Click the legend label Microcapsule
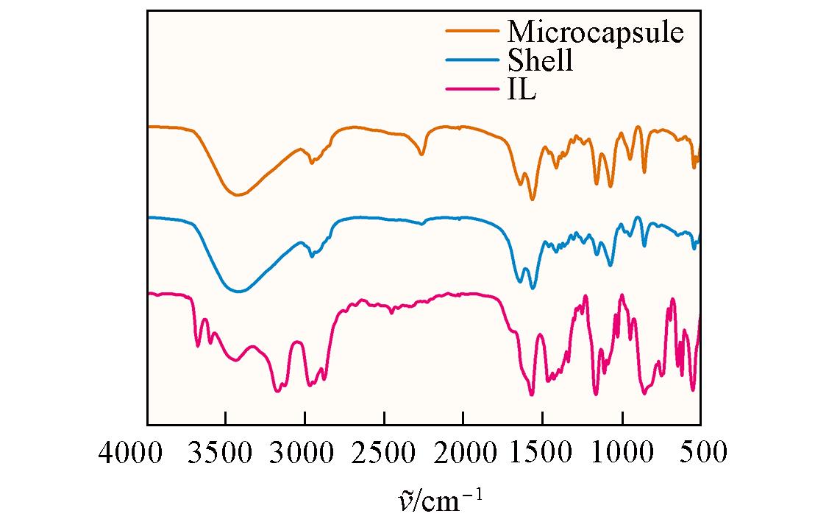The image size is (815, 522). [595, 32]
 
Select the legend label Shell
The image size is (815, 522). [540, 61]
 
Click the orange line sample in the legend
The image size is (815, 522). [473, 32]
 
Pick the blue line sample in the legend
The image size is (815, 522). [473, 61]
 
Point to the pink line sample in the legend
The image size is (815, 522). [473, 90]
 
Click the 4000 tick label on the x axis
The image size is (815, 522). [130, 451]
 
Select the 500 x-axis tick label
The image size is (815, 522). [701, 451]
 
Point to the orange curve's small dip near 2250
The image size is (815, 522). [421, 154]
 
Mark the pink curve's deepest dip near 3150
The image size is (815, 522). [277, 391]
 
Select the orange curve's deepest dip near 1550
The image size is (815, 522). [533, 200]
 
